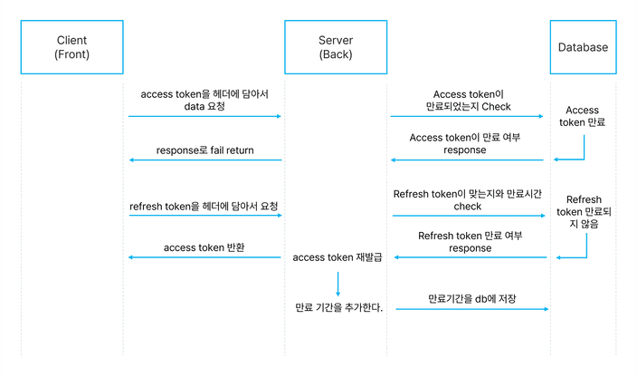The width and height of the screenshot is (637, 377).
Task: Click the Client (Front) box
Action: pyautogui.click(x=71, y=47)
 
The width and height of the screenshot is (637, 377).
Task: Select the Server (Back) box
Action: pyautogui.click(x=336, y=47)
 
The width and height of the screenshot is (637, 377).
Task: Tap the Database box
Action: pyautogui.click(x=583, y=47)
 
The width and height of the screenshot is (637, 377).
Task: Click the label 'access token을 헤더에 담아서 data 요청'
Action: pyautogui.click(x=204, y=101)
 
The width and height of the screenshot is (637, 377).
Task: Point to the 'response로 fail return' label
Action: pyautogui.click(x=204, y=150)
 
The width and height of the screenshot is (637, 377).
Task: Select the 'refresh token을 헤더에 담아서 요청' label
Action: pyautogui.click(x=204, y=207)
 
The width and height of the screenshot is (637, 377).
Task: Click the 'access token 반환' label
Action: pyautogui.click(x=204, y=247)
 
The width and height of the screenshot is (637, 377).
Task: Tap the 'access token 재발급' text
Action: pyautogui.click(x=338, y=258)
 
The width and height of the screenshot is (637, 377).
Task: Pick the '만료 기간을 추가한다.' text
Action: pyautogui.click(x=338, y=308)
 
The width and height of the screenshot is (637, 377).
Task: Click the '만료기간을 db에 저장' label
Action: pyautogui.click(x=471, y=298)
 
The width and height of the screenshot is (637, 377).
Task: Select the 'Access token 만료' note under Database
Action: pyautogui.click(x=583, y=116)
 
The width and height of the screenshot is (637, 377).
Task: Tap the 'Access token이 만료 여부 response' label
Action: pyautogui.click(x=465, y=144)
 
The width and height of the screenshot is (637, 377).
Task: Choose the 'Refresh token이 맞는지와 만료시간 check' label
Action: pyautogui.click(x=467, y=200)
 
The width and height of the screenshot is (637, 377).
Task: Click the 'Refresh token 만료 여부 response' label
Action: pyautogui.click(x=470, y=241)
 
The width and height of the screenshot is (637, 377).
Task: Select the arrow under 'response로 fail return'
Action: pyautogui.click(x=204, y=160)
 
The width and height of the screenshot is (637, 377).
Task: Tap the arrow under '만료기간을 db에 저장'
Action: pyautogui.click(x=471, y=309)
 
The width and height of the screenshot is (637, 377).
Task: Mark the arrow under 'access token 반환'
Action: pyautogui.click(x=204, y=258)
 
